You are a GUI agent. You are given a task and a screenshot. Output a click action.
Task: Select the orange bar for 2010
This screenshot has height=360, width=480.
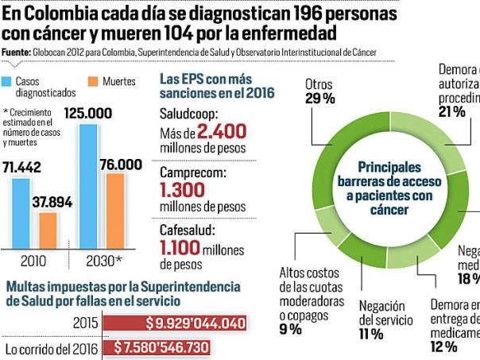pyautogui.click(x=48, y=230)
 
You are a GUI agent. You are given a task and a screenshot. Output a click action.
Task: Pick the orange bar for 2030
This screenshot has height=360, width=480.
pyautogui.click(x=115, y=210)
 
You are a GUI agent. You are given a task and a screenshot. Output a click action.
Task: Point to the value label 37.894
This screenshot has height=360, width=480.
pyautogui.click(x=52, y=202)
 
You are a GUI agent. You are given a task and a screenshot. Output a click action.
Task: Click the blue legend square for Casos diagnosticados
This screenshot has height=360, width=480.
pyautogui.click(x=9, y=81)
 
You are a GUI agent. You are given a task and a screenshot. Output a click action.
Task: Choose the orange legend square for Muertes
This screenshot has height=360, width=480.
pyautogui.click(x=92, y=81)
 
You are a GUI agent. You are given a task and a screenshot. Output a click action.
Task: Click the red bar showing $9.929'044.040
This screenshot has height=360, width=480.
pyautogui.click(x=176, y=323)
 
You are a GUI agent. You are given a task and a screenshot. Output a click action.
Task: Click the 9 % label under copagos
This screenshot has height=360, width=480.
pyautogui.click(x=290, y=329)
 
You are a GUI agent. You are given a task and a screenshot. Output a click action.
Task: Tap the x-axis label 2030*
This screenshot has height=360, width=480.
pyautogui.click(x=103, y=260)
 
